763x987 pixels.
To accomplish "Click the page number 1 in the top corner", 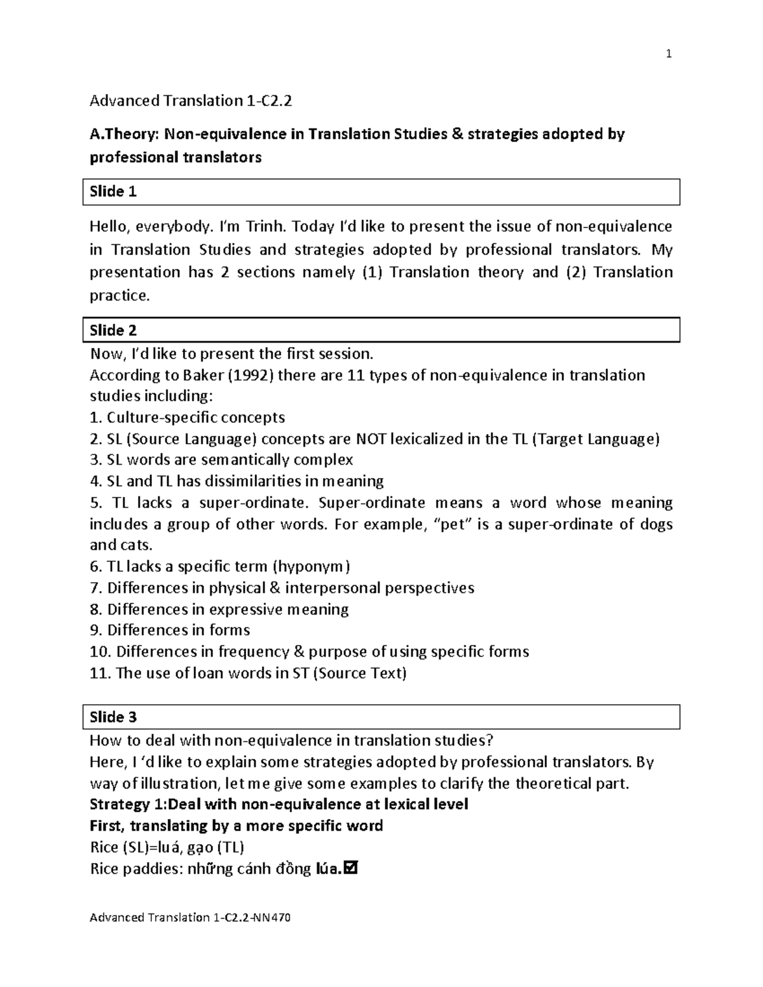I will click(x=668, y=55).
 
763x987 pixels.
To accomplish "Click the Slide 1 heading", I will click(x=113, y=192).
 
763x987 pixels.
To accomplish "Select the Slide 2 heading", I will click(x=113, y=330).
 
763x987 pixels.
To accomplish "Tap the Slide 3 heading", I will click(x=113, y=718).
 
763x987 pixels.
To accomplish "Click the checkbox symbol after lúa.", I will click(x=350, y=868).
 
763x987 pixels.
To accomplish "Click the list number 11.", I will click(x=100, y=673).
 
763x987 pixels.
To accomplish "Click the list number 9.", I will click(x=95, y=630).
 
